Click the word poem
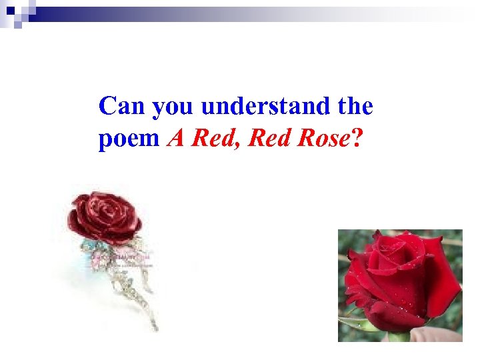129,139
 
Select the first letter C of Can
107,106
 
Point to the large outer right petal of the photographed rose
443,280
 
